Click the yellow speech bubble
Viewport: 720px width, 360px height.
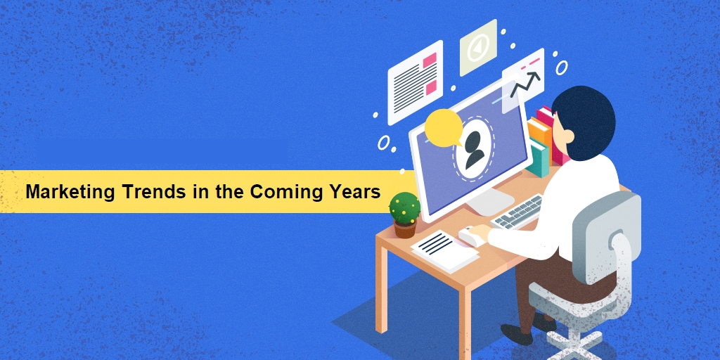click(x=444, y=127)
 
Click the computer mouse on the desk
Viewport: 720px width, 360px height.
click(x=470, y=236)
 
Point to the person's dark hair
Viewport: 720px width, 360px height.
click(x=584, y=120)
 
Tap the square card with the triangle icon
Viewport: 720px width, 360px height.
click(x=478, y=46)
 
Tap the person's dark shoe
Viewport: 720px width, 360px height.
click(x=517, y=334)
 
